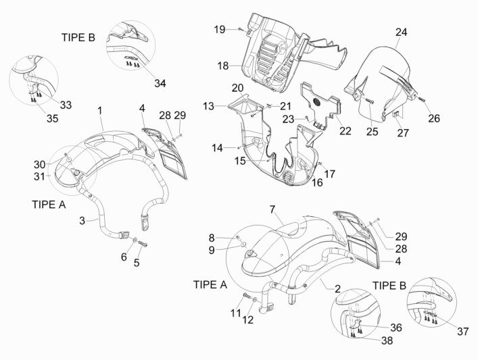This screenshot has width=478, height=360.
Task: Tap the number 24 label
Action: click(x=401, y=32)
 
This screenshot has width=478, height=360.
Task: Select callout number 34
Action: click(x=160, y=83)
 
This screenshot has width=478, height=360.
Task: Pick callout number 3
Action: click(x=81, y=220)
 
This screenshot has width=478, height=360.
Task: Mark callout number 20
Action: click(x=237, y=88)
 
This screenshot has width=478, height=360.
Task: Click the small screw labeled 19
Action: click(x=241, y=29)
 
